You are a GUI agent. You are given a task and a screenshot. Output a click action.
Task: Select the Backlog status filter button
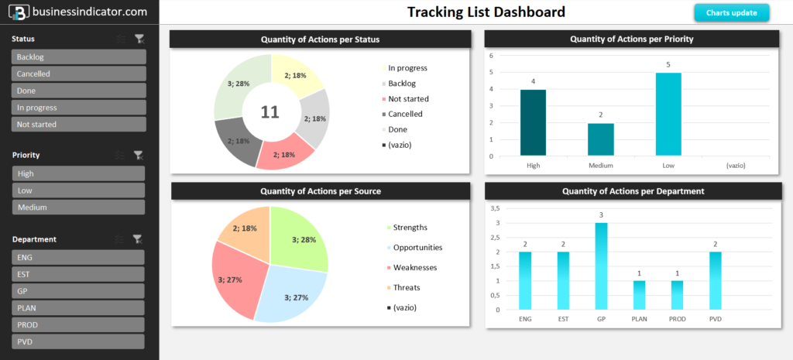click(x=78, y=57)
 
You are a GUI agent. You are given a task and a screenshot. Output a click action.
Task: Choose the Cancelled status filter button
click(x=78, y=74)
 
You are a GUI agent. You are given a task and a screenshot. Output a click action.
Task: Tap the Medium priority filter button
click(x=78, y=207)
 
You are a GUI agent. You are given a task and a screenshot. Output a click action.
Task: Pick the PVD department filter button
click(x=78, y=341)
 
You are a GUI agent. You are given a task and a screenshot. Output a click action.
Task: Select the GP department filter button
click(x=78, y=291)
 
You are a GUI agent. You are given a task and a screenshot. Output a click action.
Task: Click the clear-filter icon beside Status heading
click(x=139, y=39)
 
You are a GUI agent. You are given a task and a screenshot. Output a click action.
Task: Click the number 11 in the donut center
click(x=269, y=112)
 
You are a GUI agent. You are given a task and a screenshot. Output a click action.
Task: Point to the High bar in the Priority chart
click(x=533, y=122)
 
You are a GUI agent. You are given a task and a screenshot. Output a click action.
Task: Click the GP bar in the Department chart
click(x=601, y=266)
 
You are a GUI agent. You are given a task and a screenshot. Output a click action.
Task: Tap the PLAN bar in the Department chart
click(x=639, y=294)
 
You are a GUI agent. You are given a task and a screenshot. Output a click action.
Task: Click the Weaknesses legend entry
click(x=414, y=268)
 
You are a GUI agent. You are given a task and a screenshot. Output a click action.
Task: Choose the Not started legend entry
click(x=408, y=99)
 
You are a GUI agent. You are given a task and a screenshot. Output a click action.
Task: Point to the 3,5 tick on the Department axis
click(x=496, y=208)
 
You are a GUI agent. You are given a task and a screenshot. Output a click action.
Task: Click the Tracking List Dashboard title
click(x=486, y=12)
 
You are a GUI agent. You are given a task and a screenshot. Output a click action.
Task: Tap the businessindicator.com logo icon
click(x=19, y=12)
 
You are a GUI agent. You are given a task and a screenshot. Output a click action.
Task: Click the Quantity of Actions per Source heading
click(x=321, y=191)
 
